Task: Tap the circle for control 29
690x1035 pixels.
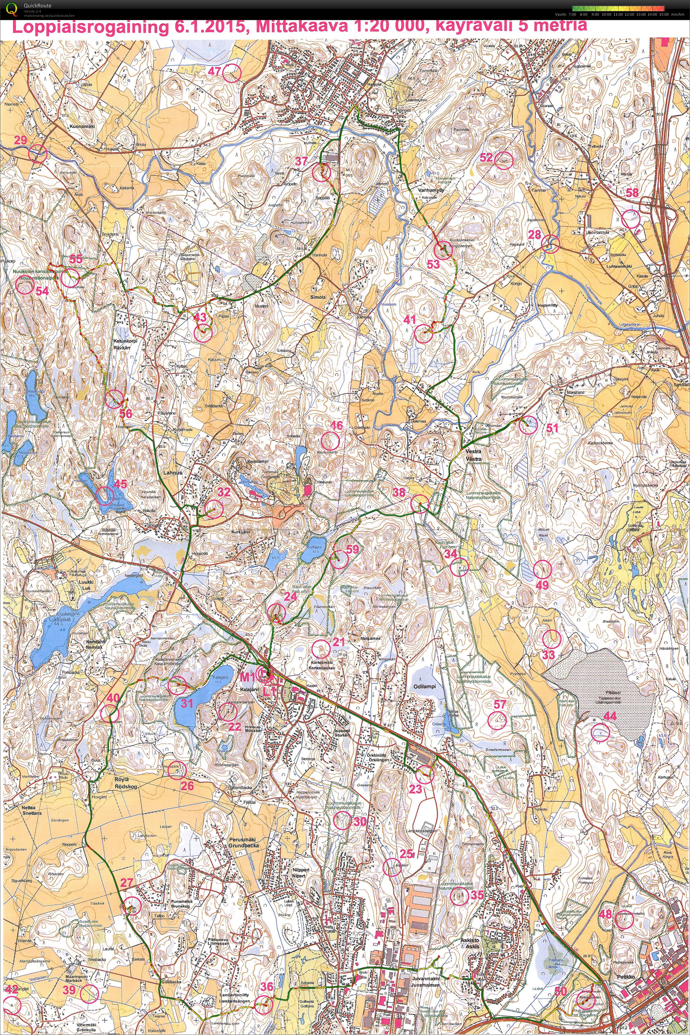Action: pyautogui.click(x=38, y=154)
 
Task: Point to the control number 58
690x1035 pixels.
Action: pyautogui.click(x=632, y=193)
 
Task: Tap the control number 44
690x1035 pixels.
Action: pyautogui.click(x=610, y=716)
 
